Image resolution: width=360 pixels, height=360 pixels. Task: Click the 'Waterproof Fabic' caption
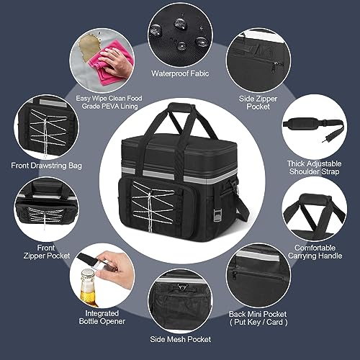pyautogui.click(x=180, y=73)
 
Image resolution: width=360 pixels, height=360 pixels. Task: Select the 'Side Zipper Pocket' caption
pyautogui.click(x=258, y=102)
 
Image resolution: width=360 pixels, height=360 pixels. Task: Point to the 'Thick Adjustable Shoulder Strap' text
pyautogui.click(x=314, y=168)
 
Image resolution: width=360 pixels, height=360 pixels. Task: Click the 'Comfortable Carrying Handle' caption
pyautogui.click(x=315, y=252)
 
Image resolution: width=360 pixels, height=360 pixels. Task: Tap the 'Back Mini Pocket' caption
pyautogui.click(x=258, y=314)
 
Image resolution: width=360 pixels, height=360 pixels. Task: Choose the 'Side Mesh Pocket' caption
pyautogui.click(x=181, y=339)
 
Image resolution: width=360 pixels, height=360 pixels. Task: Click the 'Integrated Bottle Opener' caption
pyautogui.click(x=102, y=317)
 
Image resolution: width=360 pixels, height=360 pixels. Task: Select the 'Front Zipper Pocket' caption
pyautogui.click(x=47, y=252)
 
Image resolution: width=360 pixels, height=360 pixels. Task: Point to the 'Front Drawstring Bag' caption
pyautogui.click(x=46, y=166)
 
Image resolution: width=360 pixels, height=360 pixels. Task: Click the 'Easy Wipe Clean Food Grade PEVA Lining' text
pyautogui.click(x=109, y=102)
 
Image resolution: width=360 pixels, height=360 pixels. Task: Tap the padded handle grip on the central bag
pyautogui.click(x=181, y=108)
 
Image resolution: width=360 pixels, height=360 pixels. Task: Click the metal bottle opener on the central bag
pyautogui.click(x=217, y=215)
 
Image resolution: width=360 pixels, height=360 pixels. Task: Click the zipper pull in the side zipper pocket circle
pyautogui.click(x=274, y=68)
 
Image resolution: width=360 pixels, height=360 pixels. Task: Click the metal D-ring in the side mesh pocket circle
pyautogui.click(x=181, y=287)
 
